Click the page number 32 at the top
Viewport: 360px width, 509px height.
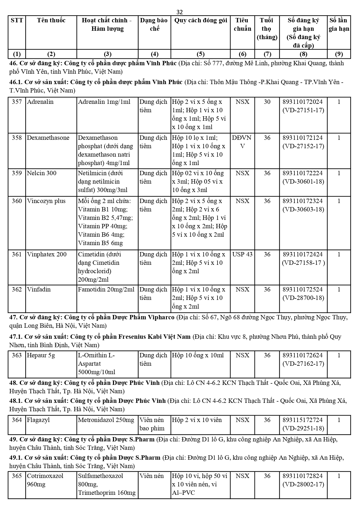point(180,12)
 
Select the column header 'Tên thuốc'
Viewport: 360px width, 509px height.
point(51,20)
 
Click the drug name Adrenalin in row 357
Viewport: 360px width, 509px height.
point(40,102)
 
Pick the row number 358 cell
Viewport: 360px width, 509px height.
point(17,138)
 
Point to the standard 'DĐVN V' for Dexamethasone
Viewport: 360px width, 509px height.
point(242,142)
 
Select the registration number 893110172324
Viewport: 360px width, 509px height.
point(303,201)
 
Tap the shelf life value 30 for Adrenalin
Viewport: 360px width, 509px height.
point(267,102)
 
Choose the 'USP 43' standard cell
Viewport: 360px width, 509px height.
point(242,254)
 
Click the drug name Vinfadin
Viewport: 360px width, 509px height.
point(39,289)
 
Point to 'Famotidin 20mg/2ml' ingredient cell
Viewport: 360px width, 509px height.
point(106,289)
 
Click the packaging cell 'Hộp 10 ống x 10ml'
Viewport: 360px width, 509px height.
point(198,355)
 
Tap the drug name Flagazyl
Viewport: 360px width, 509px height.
point(38,420)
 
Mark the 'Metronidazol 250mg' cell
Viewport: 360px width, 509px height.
point(106,420)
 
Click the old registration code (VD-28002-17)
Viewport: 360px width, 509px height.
point(303,484)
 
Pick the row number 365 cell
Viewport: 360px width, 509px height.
point(17,476)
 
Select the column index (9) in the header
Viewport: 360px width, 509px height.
point(339,54)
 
